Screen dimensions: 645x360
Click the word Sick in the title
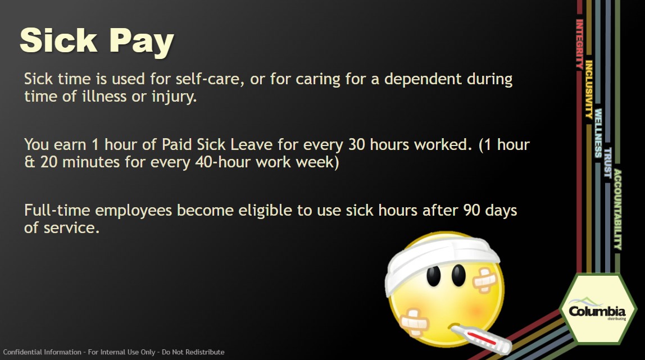(58, 40)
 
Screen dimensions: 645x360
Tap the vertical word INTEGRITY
(579, 44)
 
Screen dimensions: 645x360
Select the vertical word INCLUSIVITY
(589, 90)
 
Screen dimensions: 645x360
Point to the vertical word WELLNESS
(598, 133)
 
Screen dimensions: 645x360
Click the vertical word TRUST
(608, 162)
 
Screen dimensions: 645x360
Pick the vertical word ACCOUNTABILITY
(618, 209)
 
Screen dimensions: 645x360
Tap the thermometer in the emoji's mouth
(480, 339)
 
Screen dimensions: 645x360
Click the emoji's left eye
(433, 276)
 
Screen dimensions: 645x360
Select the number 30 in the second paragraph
(357, 145)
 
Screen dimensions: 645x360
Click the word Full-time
(57, 211)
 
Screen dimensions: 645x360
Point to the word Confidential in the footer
(22, 352)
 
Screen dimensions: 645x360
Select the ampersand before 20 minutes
(30, 162)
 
